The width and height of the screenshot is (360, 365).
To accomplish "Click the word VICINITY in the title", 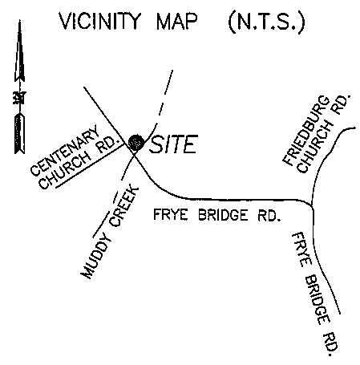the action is tap(99, 21).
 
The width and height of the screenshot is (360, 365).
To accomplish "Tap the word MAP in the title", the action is tap(177, 21).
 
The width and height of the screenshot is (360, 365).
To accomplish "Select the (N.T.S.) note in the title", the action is tap(266, 22).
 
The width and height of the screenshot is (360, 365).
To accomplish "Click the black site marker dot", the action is tap(136, 142).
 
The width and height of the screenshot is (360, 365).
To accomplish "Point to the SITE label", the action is tap(174, 144).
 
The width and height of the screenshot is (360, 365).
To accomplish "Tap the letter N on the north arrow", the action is tap(19, 98).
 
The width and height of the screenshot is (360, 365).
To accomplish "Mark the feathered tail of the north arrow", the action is tap(19, 133).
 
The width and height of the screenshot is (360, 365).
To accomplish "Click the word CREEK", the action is tap(124, 207).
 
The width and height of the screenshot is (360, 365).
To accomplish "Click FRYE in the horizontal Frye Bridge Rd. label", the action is tap(171, 214).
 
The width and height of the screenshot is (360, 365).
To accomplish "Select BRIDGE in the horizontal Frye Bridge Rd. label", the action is tap(223, 215).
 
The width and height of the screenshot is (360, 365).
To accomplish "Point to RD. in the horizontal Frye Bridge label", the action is tap(269, 215).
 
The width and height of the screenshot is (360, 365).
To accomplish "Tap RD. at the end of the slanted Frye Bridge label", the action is tap(330, 344).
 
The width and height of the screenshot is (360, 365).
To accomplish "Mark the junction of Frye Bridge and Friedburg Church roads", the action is tap(312, 205).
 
